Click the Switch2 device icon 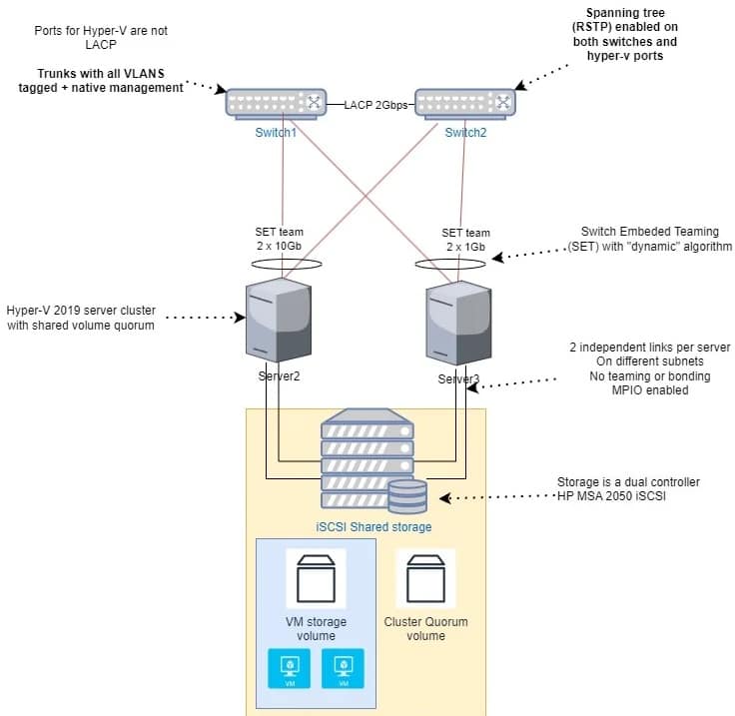click(465, 103)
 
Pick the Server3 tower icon click(458, 322)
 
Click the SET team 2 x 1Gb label click(466, 239)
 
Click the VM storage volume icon click(316, 578)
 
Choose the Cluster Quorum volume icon click(425, 578)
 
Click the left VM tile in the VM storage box click(290, 669)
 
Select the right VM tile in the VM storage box click(344, 669)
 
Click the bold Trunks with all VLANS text click(112, 80)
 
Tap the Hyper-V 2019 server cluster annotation click(80, 317)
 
